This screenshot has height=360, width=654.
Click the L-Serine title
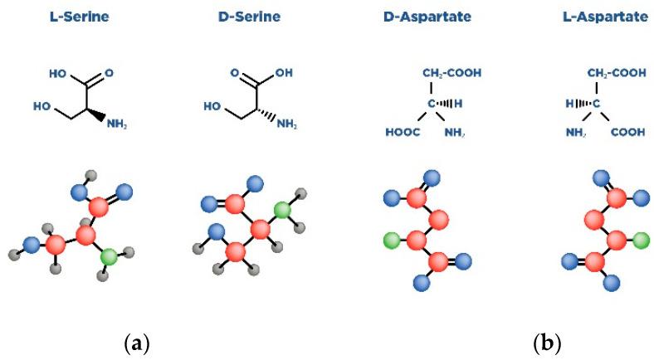83,16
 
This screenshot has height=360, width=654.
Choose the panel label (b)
547,342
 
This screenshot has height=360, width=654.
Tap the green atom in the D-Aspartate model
391,242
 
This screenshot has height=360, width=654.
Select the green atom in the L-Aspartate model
640,241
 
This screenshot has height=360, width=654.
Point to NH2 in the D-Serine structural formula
286,125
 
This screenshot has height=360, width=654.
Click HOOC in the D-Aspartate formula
401,132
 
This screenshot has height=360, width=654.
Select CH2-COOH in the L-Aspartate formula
617,73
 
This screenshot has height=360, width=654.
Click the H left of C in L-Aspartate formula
571,104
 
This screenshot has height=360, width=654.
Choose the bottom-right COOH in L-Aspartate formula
627,132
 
